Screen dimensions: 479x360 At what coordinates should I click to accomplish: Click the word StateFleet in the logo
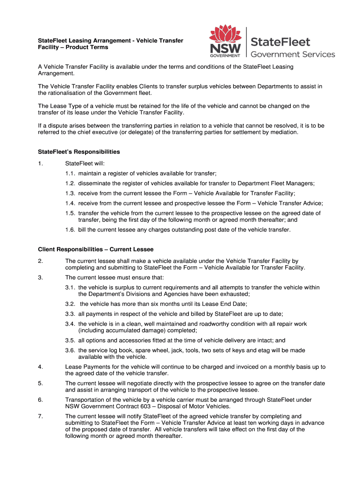281,41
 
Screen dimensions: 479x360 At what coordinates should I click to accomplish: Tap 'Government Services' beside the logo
293,54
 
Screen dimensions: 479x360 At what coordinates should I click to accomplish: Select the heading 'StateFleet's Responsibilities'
79,152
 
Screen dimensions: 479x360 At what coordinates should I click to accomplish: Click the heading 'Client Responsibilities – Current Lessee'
96,249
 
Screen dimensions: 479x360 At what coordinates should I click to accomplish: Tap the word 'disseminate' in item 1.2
94,183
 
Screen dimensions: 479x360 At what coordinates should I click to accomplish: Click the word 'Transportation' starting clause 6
85,400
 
